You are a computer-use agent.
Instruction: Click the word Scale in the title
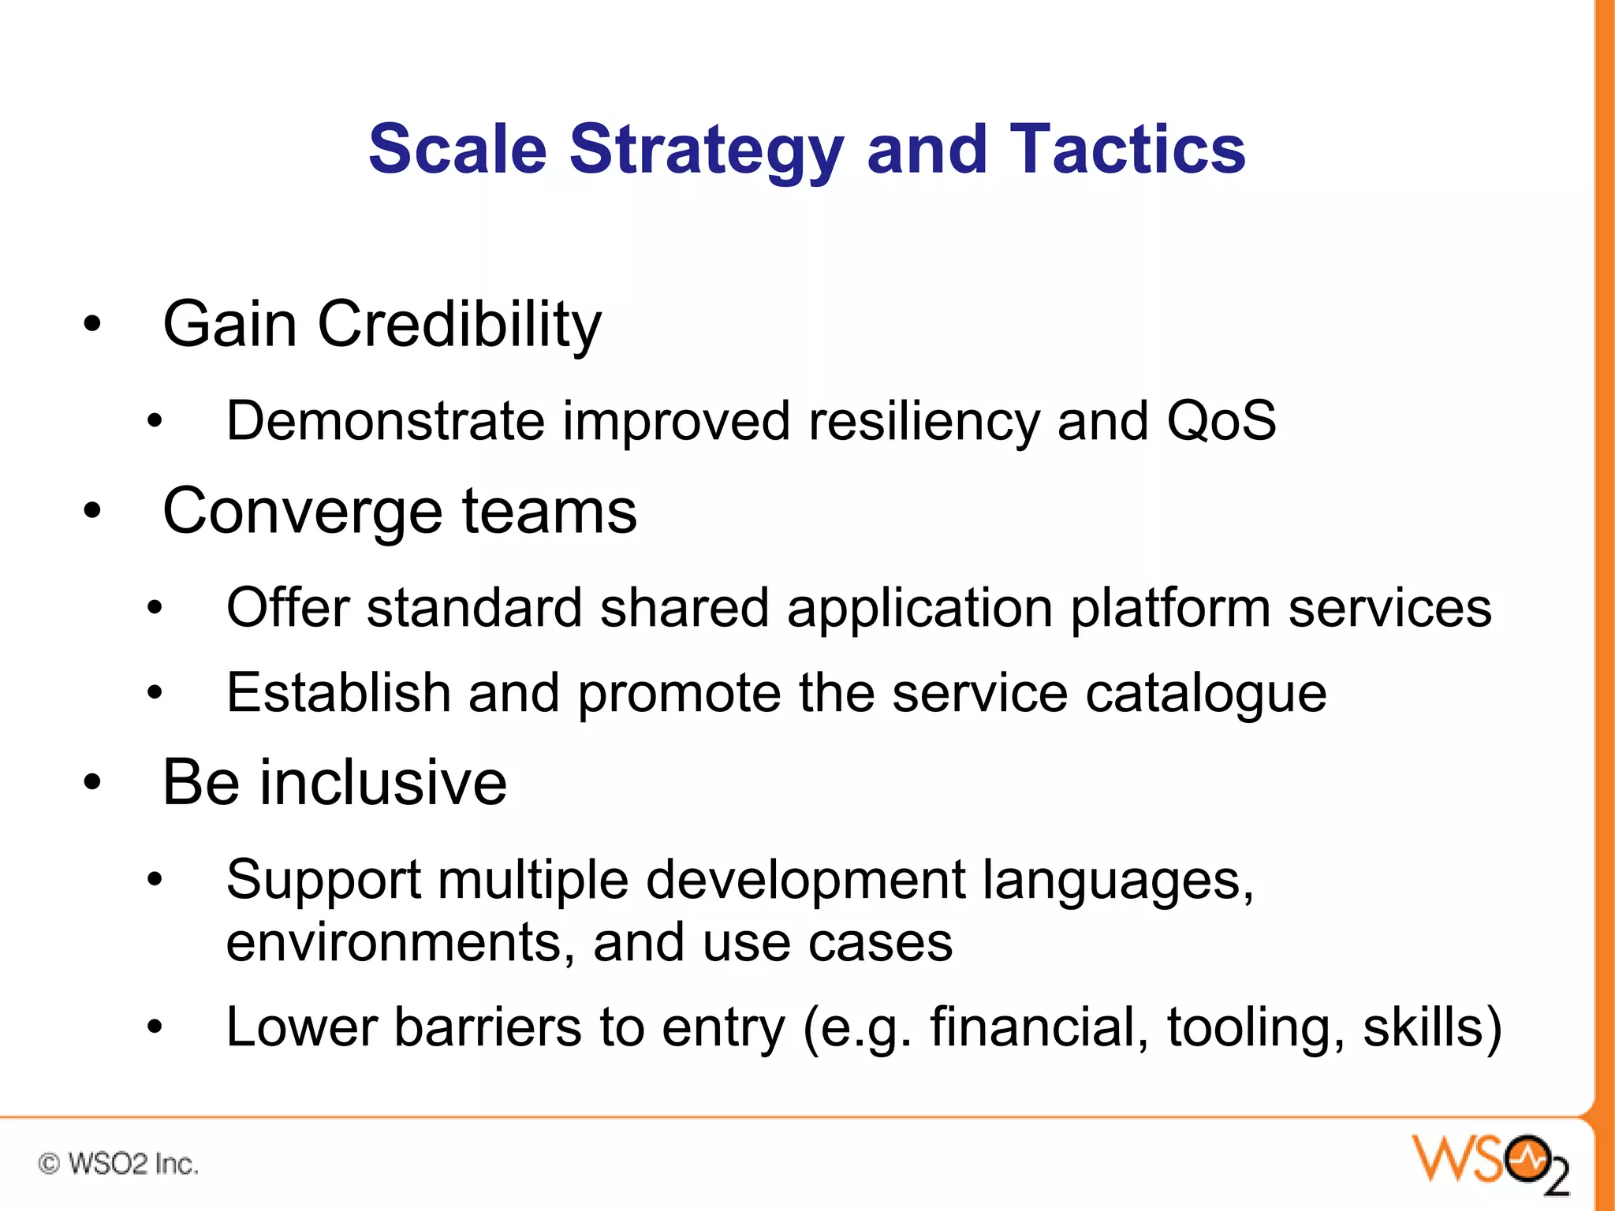click(x=457, y=149)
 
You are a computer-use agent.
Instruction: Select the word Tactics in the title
click(x=1128, y=149)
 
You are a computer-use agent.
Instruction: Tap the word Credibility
click(x=459, y=325)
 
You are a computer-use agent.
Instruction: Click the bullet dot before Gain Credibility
click(x=93, y=324)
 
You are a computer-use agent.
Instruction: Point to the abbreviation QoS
click(x=1221, y=420)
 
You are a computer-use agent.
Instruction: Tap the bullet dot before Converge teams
click(x=93, y=511)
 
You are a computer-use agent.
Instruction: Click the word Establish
click(x=338, y=693)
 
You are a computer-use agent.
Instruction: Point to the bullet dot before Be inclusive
click(x=93, y=782)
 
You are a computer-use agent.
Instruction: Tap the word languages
click(x=1117, y=881)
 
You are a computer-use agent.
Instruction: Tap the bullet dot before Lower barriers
click(x=155, y=1027)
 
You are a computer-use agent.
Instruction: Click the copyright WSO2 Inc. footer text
click(x=118, y=1164)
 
